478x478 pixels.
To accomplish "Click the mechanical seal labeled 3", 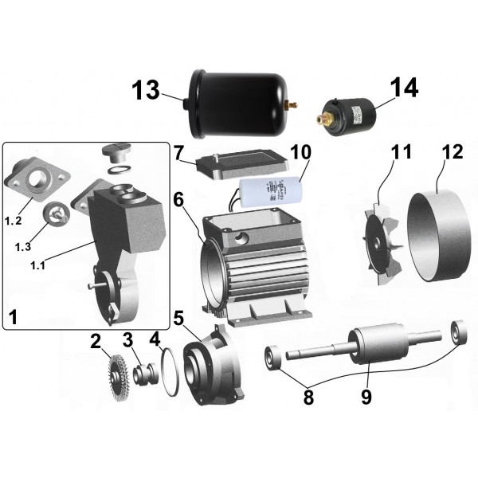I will tap(143, 372).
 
